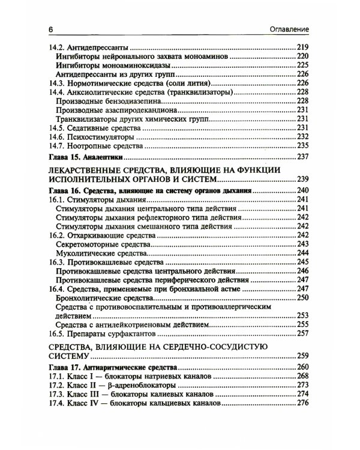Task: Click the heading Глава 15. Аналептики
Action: point(85,157)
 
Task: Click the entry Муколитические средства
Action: point(95,253)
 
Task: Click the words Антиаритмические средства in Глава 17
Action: point(127,367)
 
